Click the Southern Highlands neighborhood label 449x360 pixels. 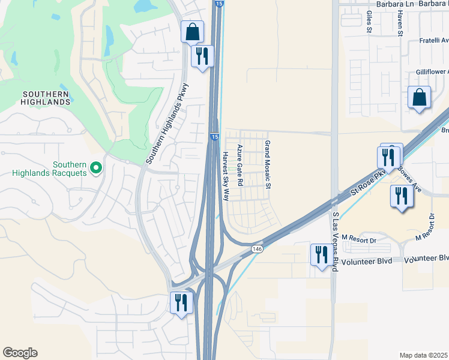tap(46, 98)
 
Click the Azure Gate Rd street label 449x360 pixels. tap(240, 165)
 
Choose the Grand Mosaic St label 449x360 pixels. tap(268, 165)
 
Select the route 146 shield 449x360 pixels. tap(257, 248)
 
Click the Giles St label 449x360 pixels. tap(369, 23)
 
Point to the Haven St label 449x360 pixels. tap(399, 25)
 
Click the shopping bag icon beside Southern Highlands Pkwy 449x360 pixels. tap(192, 32)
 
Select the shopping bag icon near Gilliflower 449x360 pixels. tap(419, 97)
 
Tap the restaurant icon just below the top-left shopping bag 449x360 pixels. tap(202, 56)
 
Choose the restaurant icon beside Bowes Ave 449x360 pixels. tap(401, 196)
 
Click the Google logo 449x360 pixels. tap(20, 353)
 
